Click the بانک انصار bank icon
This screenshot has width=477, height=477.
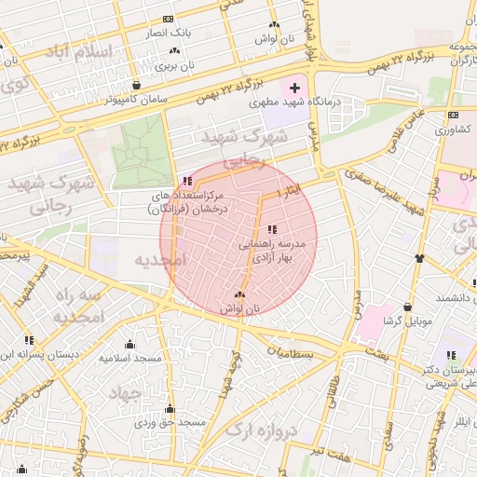tap(168, 19)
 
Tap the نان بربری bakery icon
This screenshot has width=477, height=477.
tap(174, 50)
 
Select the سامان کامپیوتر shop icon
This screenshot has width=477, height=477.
tap(137, 85)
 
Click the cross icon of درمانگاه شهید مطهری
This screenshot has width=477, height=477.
tap(295, 88)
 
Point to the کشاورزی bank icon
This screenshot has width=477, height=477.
tap(453, 116)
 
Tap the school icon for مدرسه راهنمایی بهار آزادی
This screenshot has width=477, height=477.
tap(272, 228)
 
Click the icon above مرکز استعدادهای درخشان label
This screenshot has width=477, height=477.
tap(187, 181)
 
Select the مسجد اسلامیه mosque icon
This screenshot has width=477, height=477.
tap(130, 344)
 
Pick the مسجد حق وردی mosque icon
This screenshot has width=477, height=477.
tap(170, 409)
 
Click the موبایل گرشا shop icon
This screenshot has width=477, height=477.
tap(407, 307)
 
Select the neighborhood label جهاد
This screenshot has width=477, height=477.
tap(124, 394)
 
